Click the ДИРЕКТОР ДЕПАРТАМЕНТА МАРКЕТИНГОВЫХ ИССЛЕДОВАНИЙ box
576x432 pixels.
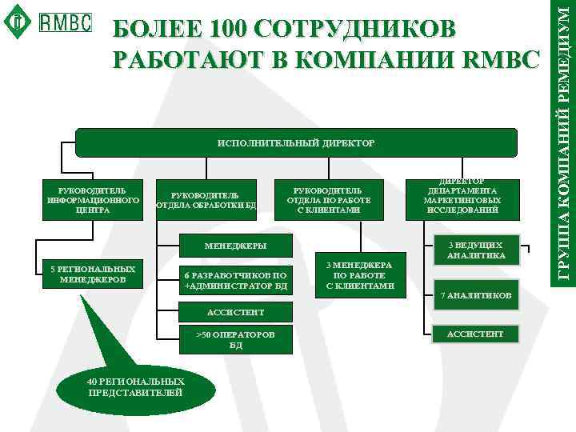(x=463, y=197)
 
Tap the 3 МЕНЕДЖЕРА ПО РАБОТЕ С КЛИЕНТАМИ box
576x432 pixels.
(x=361, y=274)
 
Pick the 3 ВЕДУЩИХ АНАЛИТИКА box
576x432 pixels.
(x=475, y=250)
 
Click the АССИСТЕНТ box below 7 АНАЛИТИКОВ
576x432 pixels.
(x=475, y=333)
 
